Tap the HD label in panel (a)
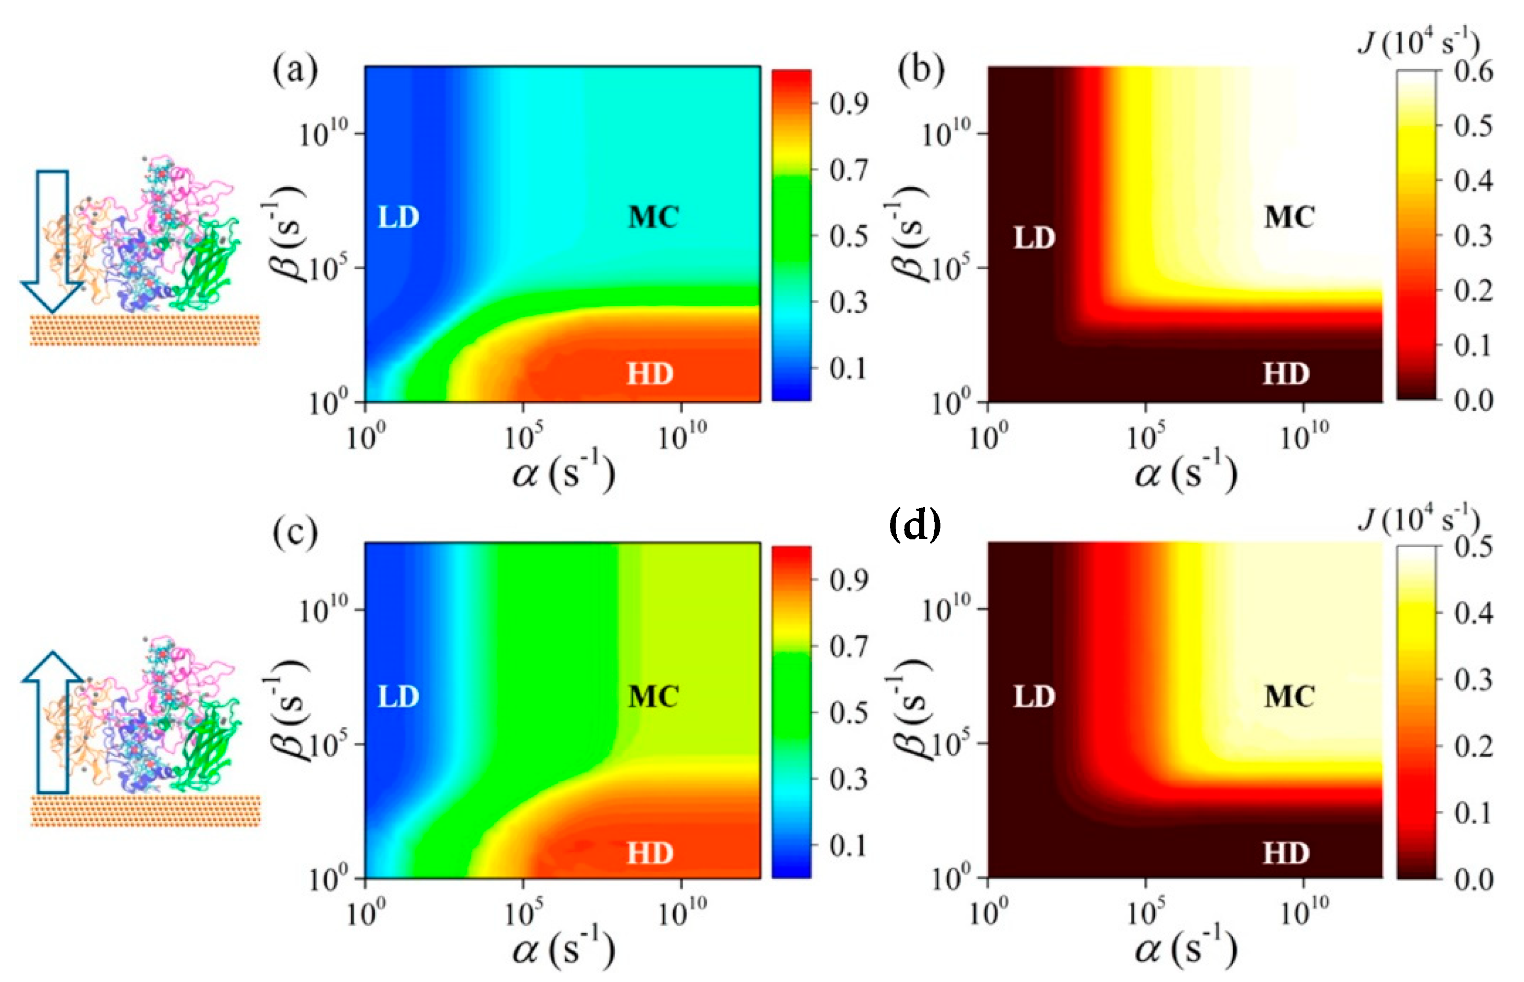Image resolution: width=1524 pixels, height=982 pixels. click(x=650, y=373)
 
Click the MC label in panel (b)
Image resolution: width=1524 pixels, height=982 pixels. click(x=1289, y=217)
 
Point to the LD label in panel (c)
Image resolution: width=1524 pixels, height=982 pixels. click(x=398, y=696)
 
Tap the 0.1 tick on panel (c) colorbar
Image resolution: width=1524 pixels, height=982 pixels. click(x=848, y=846)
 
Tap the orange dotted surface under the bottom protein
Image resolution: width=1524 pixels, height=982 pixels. click(x=145, y=810)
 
